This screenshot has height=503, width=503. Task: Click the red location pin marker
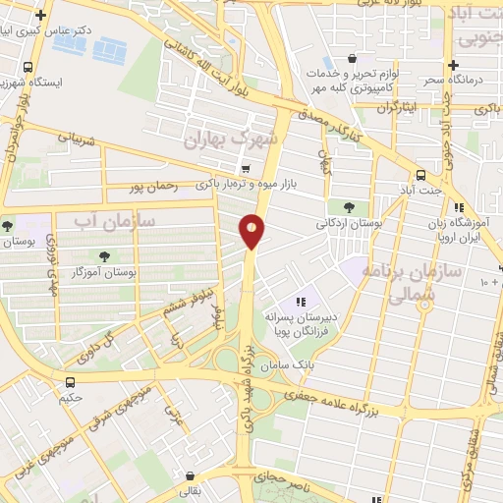pos(251,231)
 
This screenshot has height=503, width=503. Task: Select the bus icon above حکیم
pos(70,382)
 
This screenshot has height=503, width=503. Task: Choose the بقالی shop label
pos(188,490)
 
